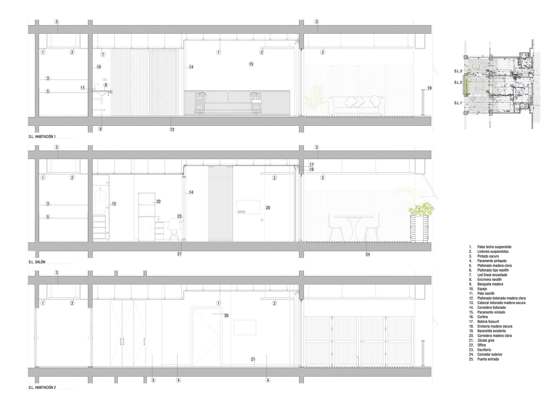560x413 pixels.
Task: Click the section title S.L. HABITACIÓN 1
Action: (42, 137)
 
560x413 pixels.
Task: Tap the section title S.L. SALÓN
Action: (37, 262)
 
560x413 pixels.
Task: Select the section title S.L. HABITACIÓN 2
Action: (42, 388)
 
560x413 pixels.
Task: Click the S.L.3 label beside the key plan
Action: (458, 71)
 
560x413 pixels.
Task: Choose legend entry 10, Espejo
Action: (478, 289)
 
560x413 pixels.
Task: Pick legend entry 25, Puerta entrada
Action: (484, 359)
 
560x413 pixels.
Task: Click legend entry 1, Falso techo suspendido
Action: (490, 247)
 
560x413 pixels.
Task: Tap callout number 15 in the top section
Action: (251, 64)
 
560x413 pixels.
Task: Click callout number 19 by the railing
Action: (429, 88)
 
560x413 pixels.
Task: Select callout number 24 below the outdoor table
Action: (368, 254)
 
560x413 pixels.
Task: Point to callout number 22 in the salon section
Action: (158, 201)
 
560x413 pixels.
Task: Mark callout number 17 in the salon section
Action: (312, 165)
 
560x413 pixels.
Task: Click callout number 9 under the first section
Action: (100, 129)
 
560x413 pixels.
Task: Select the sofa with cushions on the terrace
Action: (356, 105)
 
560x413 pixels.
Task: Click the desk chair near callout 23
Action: (173, 229)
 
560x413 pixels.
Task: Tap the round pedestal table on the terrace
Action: (354, 228)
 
